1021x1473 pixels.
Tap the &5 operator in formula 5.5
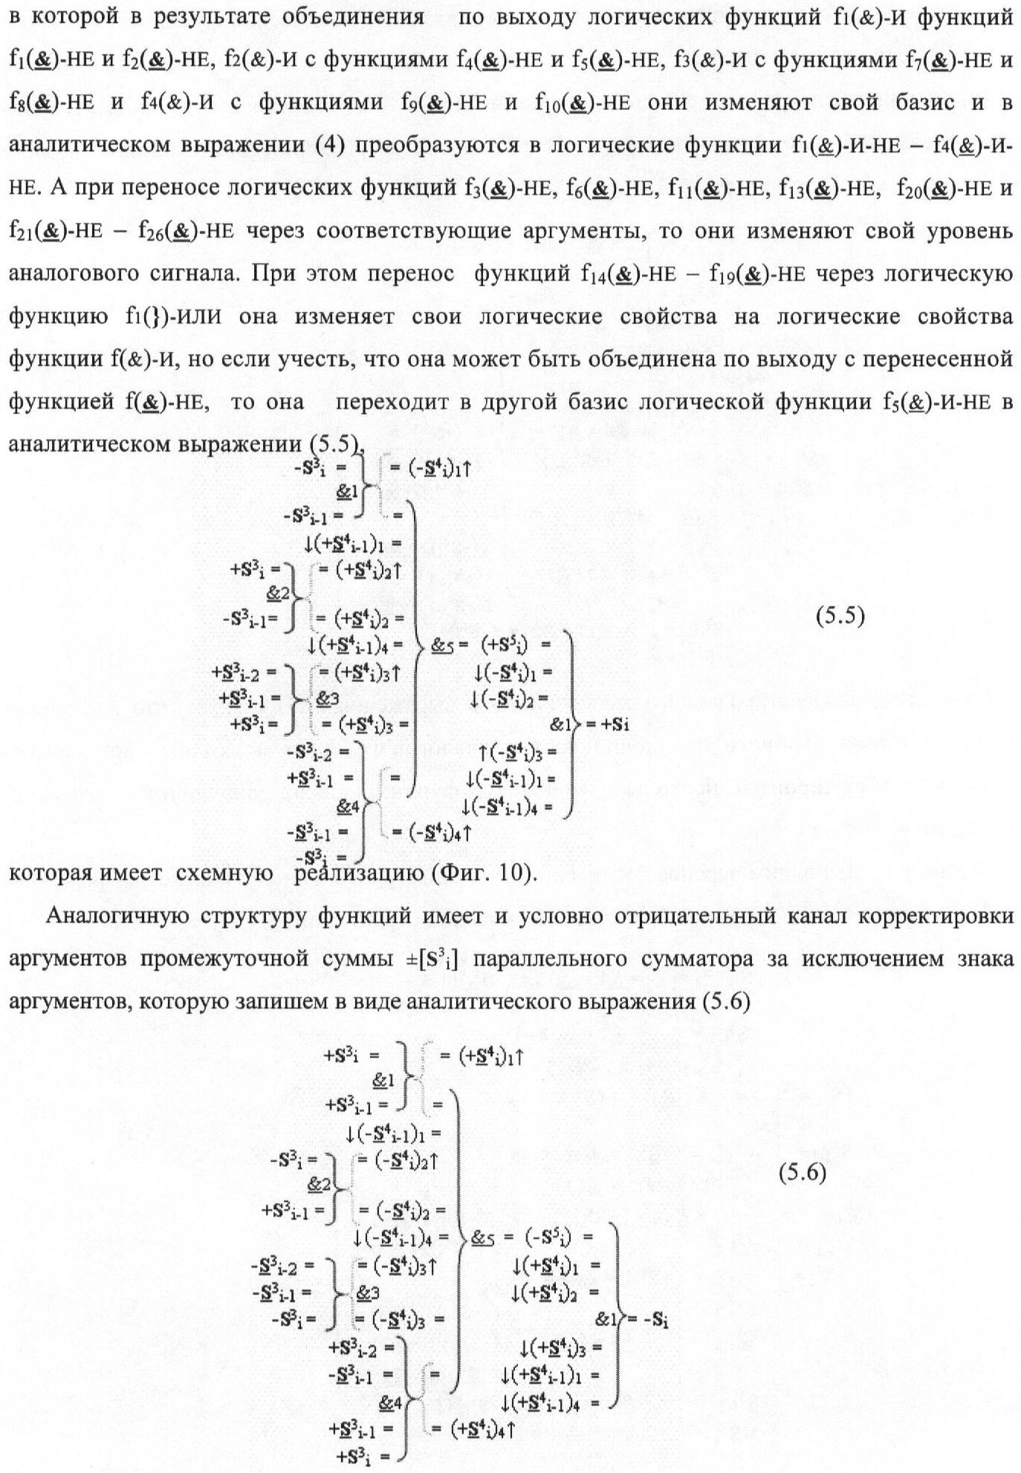(443, 646)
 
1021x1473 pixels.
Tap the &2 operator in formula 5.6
(320, 1183)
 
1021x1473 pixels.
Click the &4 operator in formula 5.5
(348, 805)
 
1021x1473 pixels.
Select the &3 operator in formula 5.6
(368, 1293)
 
